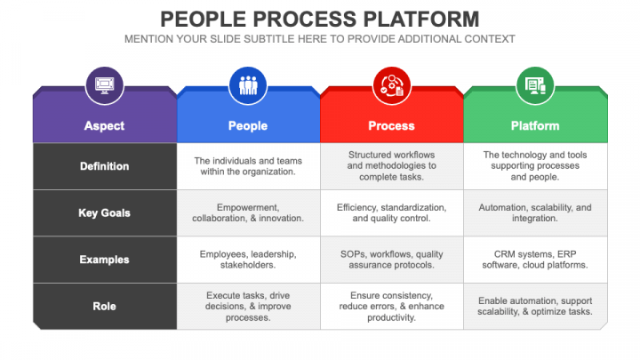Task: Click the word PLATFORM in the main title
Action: [x=415, y=19]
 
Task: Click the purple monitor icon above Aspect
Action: [x=104, y=85]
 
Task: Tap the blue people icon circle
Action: [x=247, y=85]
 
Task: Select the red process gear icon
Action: [x=391, y=85]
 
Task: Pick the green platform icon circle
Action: [x=535, y=85]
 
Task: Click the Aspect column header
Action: [x=104, y=125]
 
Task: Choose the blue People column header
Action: [x=247, y=125]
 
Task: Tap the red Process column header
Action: [x=391, y=125]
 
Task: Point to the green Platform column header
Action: [x=535, y=125]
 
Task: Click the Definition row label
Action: [x=104, y=166]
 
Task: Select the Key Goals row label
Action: [x=104, y=212]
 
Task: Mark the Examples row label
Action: [x=104, y=260]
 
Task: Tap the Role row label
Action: [x=104, y=306]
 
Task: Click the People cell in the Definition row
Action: [x=247, y=166]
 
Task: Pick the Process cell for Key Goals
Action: [x=391, y=212]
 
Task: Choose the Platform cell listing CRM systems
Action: [x=535, y=260]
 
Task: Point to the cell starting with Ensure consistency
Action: [x=391, y=306]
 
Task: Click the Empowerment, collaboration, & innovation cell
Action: [x=247, y=212]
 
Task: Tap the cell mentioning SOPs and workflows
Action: [x=391, y=260]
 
